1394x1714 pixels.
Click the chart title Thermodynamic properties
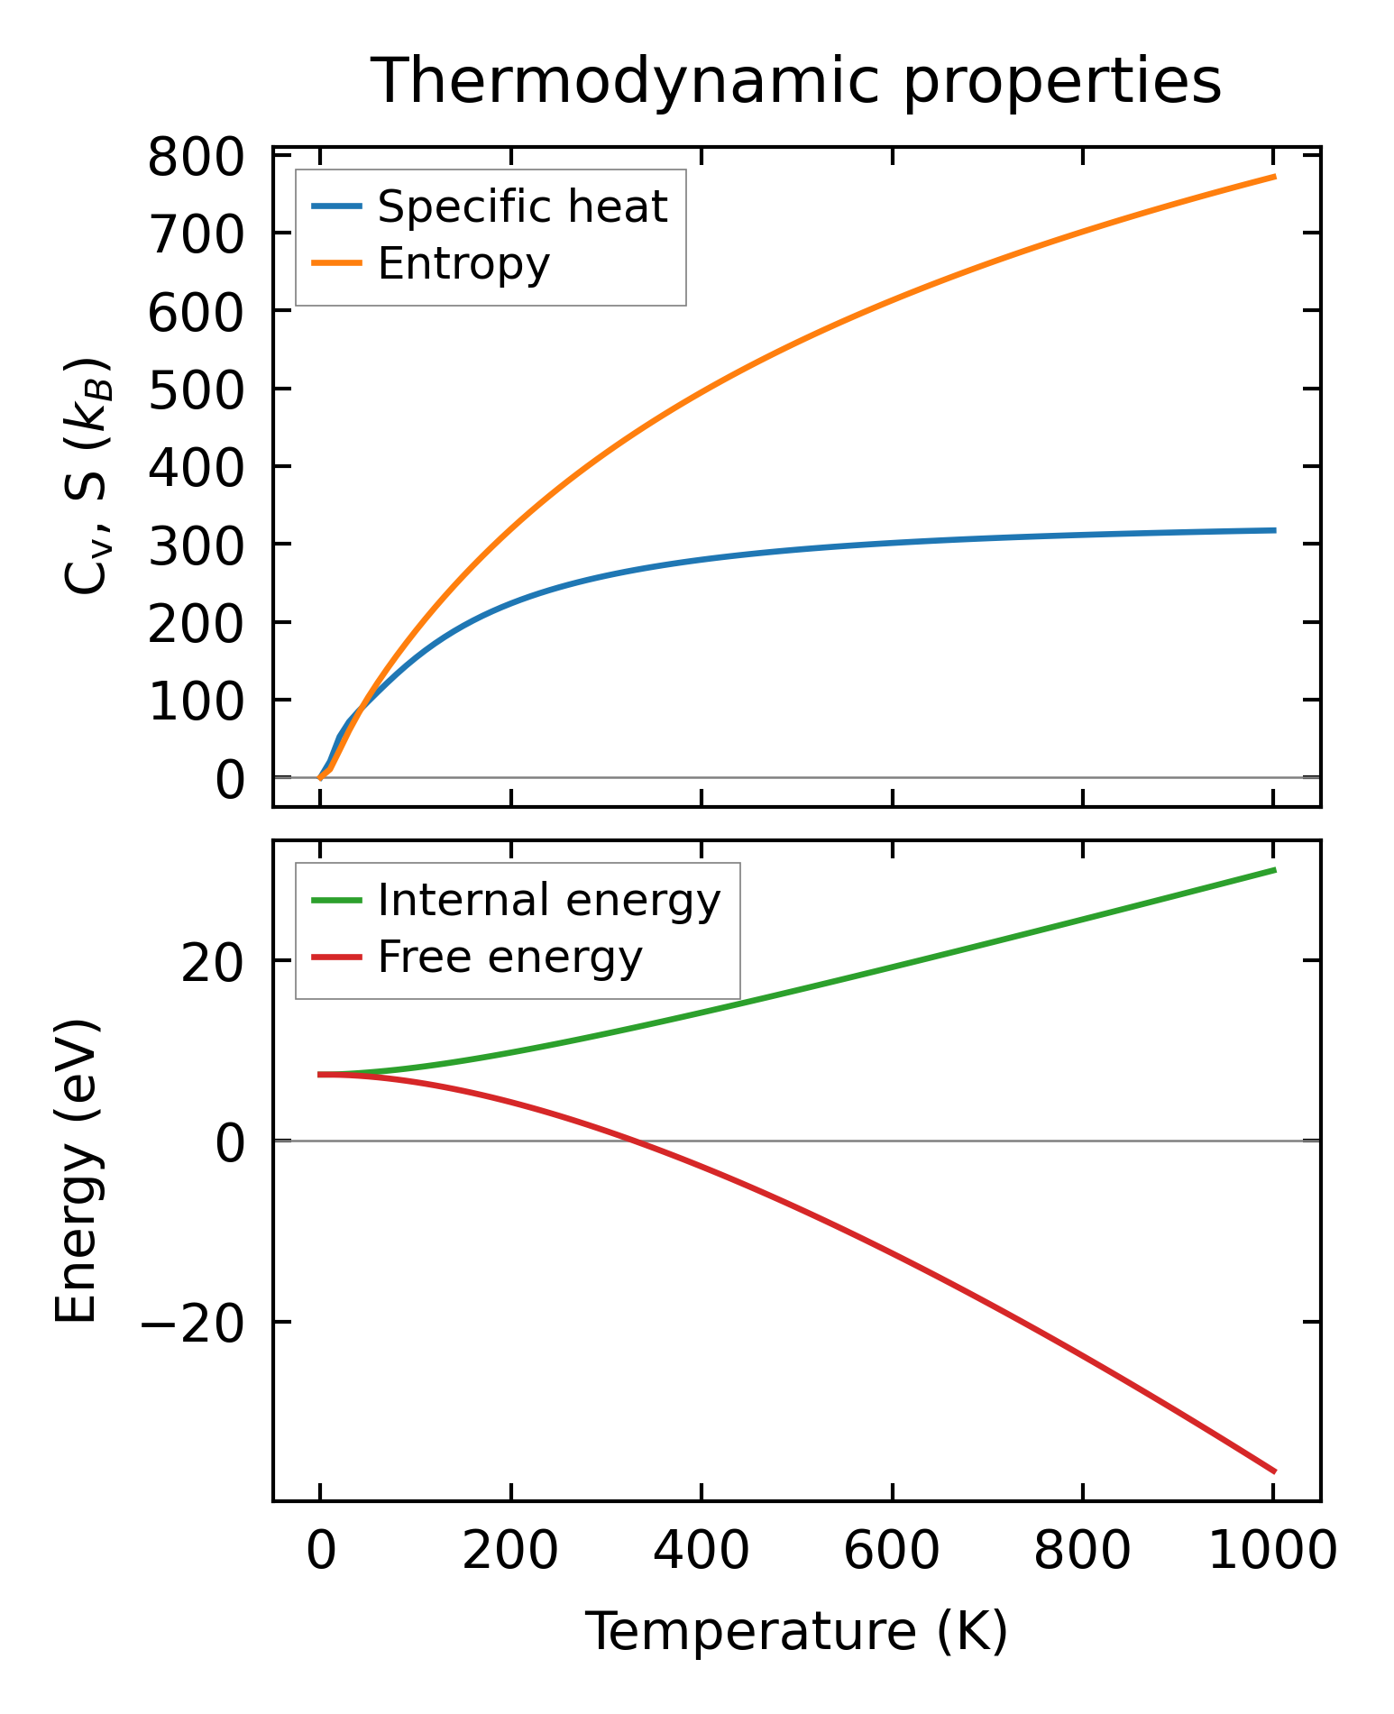796,82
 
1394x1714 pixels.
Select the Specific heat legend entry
521,207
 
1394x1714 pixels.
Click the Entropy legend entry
463,264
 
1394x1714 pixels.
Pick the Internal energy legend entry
548,901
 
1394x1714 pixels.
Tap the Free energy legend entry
509,958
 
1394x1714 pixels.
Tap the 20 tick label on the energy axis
213,964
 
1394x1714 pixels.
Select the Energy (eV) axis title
76,1170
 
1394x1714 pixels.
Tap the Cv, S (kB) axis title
87,476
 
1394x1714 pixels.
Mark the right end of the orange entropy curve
1274,177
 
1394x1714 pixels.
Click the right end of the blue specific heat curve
1274,530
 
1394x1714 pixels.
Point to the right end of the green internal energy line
1274,869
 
